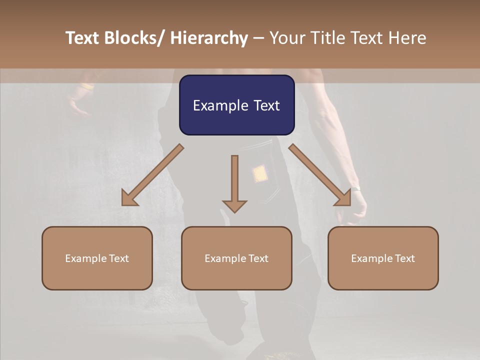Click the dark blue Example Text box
236,105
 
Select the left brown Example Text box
97,258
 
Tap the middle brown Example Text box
236,258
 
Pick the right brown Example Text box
383,258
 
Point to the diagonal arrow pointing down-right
320,175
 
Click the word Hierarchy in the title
209,38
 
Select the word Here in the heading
408,38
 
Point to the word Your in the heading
286,38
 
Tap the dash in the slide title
258,38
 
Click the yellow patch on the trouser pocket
259,173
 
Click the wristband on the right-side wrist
355,189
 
